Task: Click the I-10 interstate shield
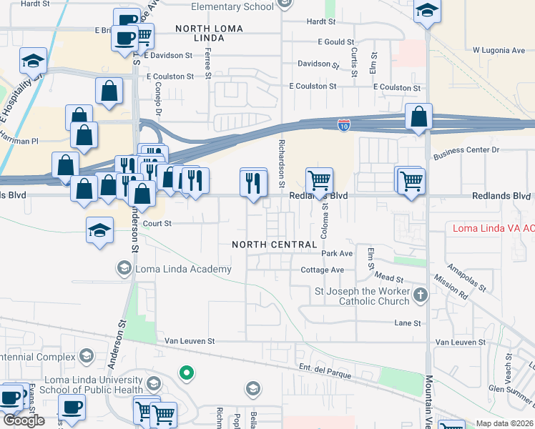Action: click(x=344, y=125)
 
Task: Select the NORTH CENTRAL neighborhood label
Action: click(x=274, y=245)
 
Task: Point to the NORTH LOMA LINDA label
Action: click(x=210, y=34)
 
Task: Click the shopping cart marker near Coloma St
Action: click(x=318, y=179)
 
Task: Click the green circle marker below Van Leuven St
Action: click(x=186, y=373)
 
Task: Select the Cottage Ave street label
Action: click(x=322, y=270)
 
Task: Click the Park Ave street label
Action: click(x=337, y=254)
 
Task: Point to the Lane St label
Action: click(x=408, y=323)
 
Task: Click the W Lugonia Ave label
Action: click(x=499, y=51)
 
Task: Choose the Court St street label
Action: click(x=157, y=223)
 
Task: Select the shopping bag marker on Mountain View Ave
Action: click(x=418, y=117)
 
